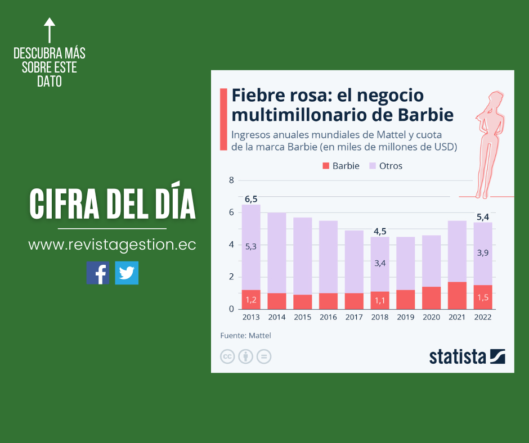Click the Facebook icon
tap(98, 273)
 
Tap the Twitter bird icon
tap(127, 273)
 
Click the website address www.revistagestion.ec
tap(112, 245)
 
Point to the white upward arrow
tap(50, 30)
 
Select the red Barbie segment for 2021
tap(457, 295)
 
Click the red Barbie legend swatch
tap(325, 166)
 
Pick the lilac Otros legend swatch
tap(372, 166)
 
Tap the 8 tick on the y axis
tap(231, 180)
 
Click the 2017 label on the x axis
tap(354, 317)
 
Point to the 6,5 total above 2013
tap(251, 199)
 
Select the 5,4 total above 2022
tap(483, 216)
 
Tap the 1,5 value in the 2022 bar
tap(483, 297)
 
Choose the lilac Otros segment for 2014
tap(277, 253)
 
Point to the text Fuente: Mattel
tap(245, 336)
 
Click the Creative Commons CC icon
tap(227, 356)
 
